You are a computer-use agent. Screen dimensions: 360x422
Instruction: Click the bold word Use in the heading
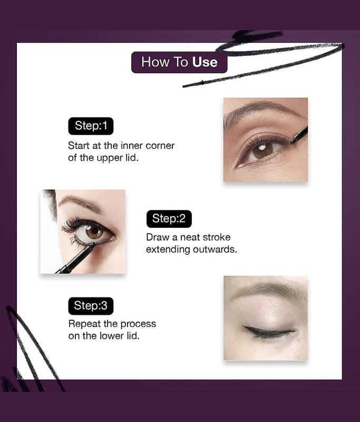(205, 62)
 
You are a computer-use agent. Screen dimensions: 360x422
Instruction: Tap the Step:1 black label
(91, 126)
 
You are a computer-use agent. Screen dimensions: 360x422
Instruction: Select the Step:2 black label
(169, 219)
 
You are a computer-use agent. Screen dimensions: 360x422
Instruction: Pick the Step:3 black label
(91, 306)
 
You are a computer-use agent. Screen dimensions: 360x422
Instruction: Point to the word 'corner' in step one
(160, 146)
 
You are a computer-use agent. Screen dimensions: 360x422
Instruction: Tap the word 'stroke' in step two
(217, 237)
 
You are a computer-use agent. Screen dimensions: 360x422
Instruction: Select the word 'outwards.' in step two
(215, 250)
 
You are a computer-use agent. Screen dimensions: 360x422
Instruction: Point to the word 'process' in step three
(138, 324)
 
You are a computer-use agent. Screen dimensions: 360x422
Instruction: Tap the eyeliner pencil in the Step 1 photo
(299, 135)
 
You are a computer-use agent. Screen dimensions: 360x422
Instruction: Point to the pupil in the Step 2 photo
(95, 231)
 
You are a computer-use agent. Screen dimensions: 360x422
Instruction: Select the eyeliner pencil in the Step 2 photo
(76, 258)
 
